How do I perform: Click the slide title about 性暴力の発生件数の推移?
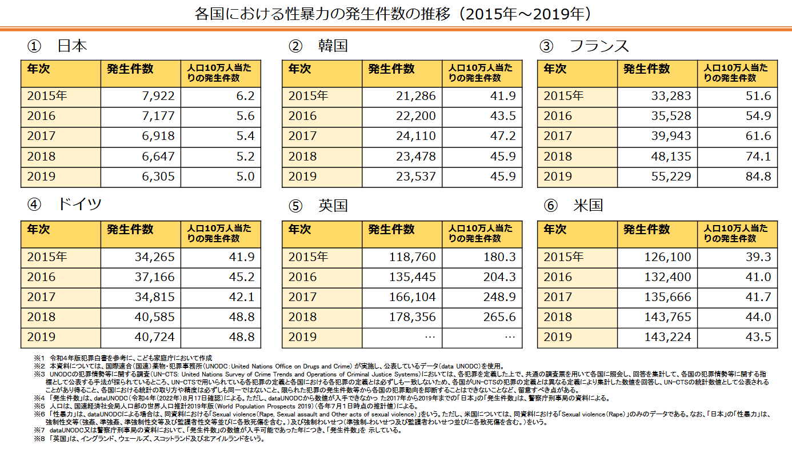click(x=395, y=13)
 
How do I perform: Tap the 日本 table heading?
click(x=72, y=46)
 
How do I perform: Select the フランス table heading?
click(x=599, y=46)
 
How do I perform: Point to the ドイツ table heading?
click(x=79, y=204)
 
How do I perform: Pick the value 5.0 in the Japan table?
click(x=245, y=177)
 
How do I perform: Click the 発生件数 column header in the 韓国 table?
click(x=391, y=69)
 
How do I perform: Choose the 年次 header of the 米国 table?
click(x=555, y=230)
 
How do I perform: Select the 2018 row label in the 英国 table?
click(x=303, y=317)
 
